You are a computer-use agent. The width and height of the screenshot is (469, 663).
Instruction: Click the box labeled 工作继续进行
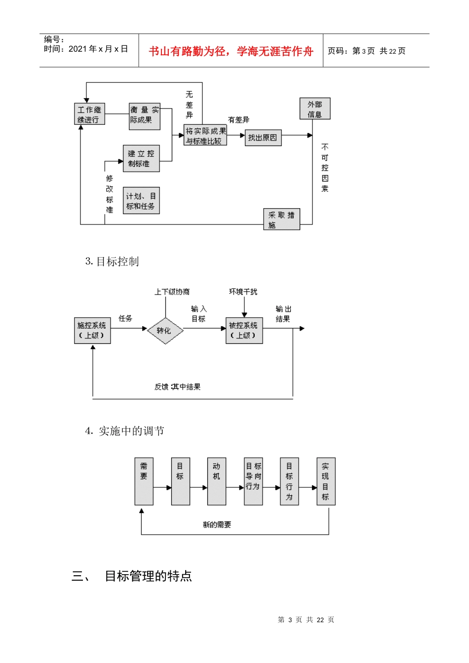(89, 114)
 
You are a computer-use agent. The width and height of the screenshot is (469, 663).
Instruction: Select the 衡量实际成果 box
(145, 117)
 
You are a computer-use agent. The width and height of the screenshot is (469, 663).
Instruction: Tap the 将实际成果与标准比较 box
(205, 136)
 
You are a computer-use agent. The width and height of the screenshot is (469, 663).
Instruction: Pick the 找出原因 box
(263, 138)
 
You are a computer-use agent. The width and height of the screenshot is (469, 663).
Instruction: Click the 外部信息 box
(315, 109)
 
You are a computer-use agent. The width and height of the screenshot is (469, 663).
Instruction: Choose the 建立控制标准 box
(141, 158)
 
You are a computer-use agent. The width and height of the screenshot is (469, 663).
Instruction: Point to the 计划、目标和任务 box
(141, 201)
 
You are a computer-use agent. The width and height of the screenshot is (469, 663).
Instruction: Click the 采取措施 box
(281, 220)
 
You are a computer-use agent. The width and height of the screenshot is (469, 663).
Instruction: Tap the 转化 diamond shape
(165, 331)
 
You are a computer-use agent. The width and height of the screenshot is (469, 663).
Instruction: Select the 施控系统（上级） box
(92, 331)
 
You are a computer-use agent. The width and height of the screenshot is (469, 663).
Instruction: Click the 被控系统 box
(244, 331)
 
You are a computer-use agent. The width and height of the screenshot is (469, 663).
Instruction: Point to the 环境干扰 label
(243, 292)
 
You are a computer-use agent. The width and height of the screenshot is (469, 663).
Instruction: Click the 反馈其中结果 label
(177, 387)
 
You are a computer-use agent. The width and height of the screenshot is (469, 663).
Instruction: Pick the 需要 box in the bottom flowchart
(144, 481)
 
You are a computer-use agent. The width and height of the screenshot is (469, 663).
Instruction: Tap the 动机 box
(216, 481)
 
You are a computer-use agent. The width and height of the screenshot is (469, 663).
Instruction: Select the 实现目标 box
(325, 481)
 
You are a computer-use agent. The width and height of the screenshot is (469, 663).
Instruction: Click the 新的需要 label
(217, 525)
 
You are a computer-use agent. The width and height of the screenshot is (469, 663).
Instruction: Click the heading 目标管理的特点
(148, 576)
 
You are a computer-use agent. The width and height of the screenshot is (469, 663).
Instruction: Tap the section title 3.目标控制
(112, 262)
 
